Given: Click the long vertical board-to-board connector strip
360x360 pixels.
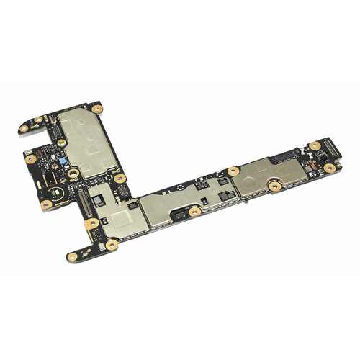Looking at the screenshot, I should (x=81, y=201).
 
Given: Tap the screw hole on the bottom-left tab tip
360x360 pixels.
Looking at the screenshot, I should (x=73, y=253).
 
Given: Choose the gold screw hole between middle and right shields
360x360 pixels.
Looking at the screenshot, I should (x=233, y=171).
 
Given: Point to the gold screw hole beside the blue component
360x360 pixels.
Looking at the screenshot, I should (x=73, y=171).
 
